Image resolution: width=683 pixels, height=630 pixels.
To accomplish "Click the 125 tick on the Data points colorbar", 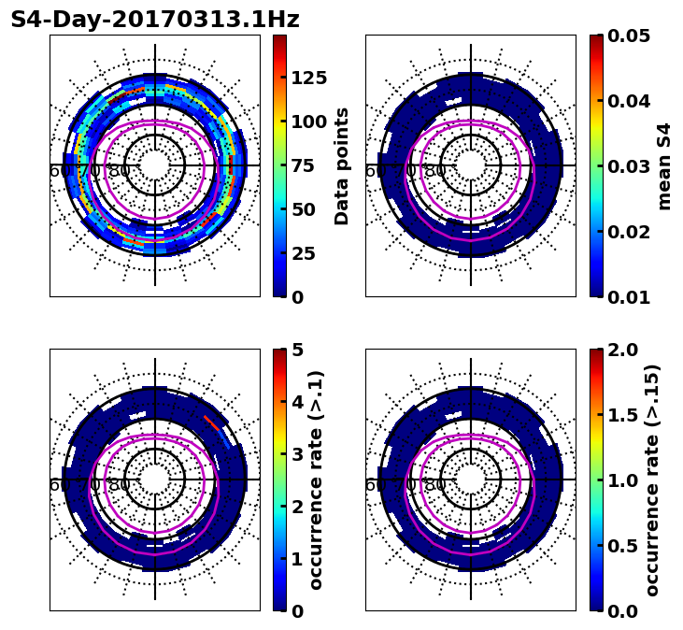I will pos(308,78).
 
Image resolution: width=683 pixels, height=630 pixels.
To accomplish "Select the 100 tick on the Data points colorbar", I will pos(308,122).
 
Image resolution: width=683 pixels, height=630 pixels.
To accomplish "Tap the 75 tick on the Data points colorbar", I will pos(308,165).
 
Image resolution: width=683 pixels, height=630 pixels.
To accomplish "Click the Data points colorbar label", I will pos(342,165).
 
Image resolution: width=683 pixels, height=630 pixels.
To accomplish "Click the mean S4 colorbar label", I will pos(664,165).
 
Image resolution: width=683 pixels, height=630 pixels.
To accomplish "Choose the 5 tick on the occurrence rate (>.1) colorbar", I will pos(298,350).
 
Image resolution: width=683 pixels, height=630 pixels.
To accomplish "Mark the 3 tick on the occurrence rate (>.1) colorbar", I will pos(298,454).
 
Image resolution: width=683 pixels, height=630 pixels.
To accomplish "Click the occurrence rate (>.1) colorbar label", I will pos(316,480).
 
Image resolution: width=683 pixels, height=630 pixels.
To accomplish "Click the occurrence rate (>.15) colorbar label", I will pos(652,480).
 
